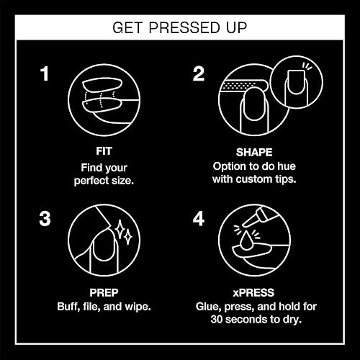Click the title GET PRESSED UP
coord(180,28)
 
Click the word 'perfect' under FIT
coord(92,181)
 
